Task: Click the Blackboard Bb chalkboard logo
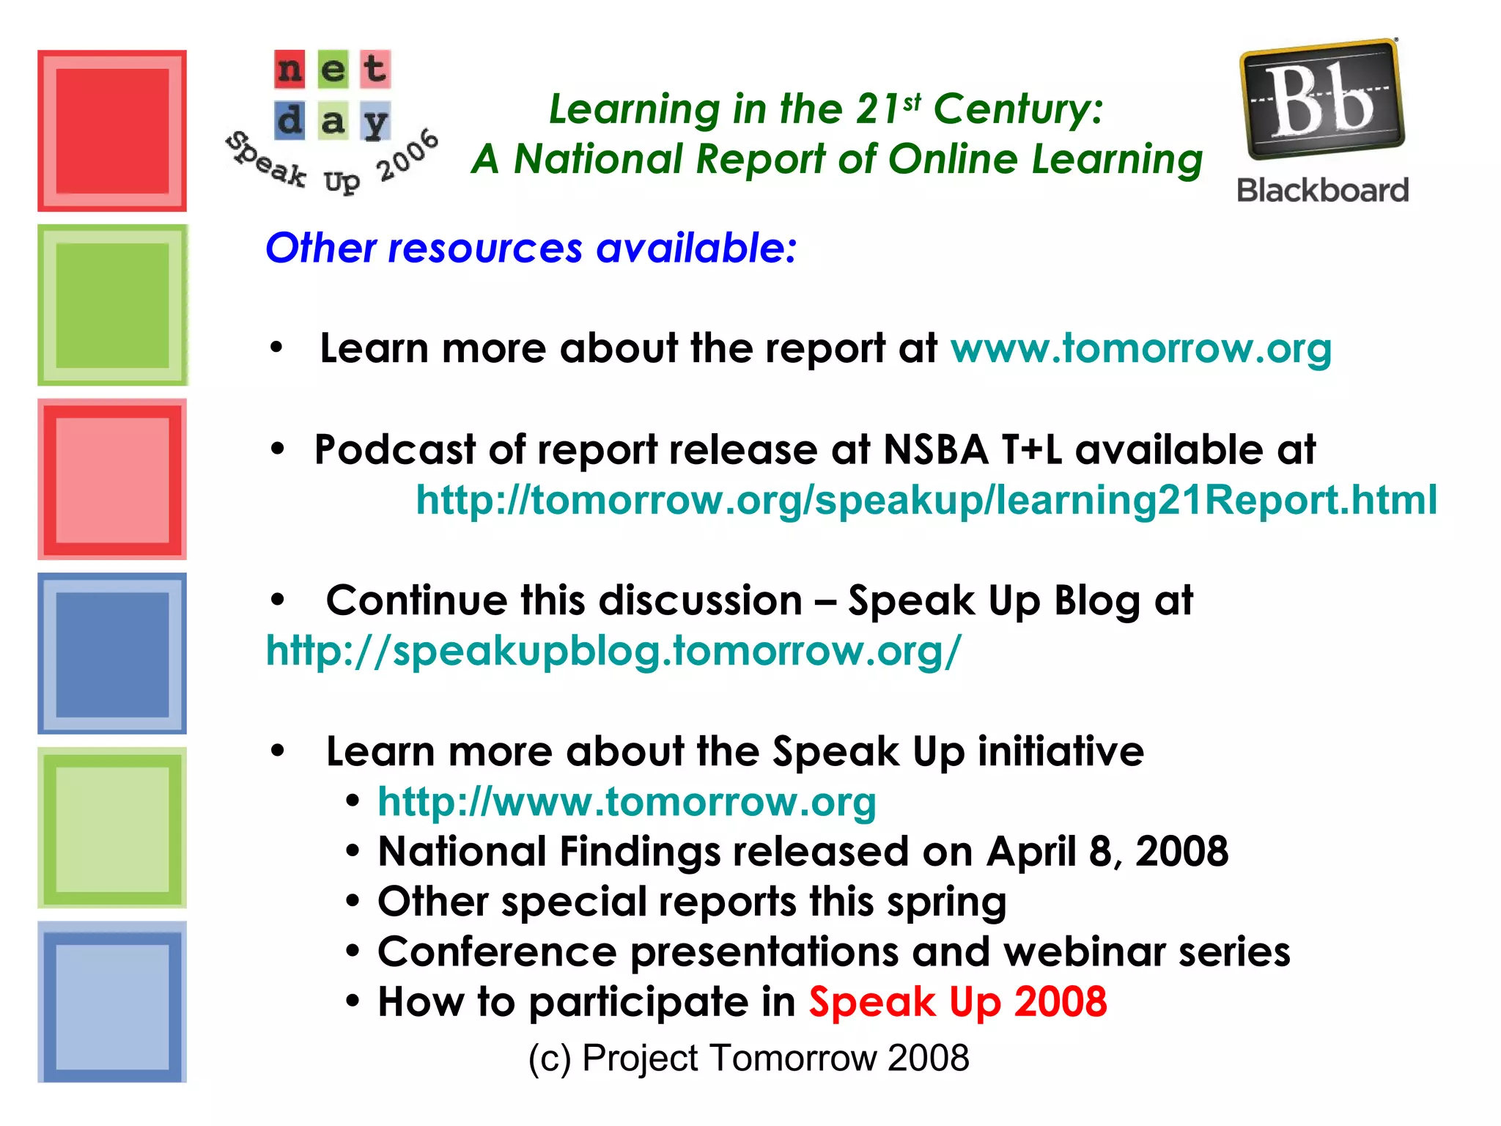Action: pyautogui.click(x=1322, y=100)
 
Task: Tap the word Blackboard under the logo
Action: pyautogui.click(x=1323, y=191)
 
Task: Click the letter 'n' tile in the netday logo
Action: pyautogui.click(x=290, y=69)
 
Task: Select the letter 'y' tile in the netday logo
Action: pyautogui.click(x=376, y=121)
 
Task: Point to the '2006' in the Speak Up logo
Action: pyautogui.click(x=407, y=155)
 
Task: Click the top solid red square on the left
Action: pyautogui.click(x=112, y=130)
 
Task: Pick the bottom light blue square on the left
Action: pyautogui.click(x=112, y=1002)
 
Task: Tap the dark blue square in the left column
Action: pyautogui.click(x=112, y=654)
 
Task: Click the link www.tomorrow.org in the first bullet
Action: pyautogui.click(x=1141, y=348)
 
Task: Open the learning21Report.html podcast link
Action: pyautogui.click(x=926, y=500)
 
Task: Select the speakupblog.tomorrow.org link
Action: pyautogui.click(x=613, y=651)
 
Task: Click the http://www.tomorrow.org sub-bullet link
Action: pyautogui.click(x=627, y=802)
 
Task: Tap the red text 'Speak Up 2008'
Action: pyautogui.click(x=957, y=1002)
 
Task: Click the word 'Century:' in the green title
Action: pyautogui.click(x=1018, y=109)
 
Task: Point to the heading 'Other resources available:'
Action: pyautogui.click(x=531, y=248)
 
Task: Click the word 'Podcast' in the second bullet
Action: pyautogui.click(x=395, y=449)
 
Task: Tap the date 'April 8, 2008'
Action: pyautogui.click(x=1107, y=852)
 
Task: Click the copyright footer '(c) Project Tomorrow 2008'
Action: pyautogui.click(x=749, y=1058)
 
